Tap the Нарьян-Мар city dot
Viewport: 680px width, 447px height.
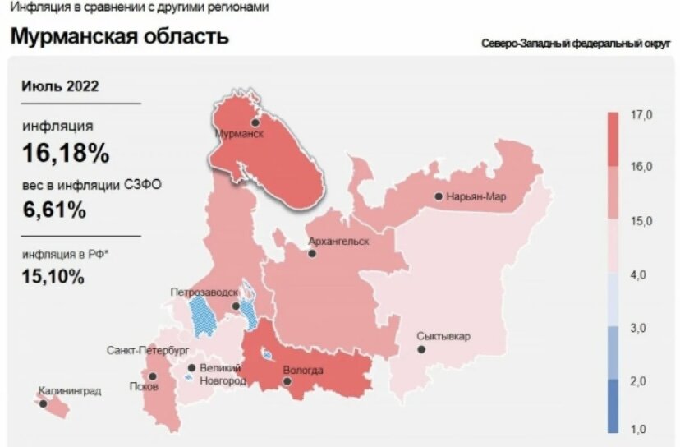pyautogui.click(x=439, y=196)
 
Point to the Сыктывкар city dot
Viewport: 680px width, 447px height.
pyautogui.click(x=421, y=349)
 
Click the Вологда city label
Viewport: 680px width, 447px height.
pyautogui.click(x=302, y=371)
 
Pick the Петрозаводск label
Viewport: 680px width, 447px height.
pyautogui.click(x=204, y=293)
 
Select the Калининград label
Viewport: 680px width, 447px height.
pyautogui.click(x=70, y=391)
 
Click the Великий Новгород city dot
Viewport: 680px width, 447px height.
pyautogui.click(x=191, y=369)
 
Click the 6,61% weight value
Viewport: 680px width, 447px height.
pyautogui.click(x=54, y=210)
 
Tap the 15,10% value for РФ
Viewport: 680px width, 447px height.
pyautogui.click(x=53, y=277)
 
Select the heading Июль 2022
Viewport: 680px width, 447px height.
pyautogui.click(x=61, y=86)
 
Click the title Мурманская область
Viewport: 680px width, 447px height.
pyautogui.click(x=119, y=37)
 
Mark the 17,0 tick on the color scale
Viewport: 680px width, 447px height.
pyautogui.click(x=641, y=115)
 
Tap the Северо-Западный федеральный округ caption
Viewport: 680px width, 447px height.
pyautogui.click(x=578, y=43)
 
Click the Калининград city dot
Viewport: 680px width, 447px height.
pyautogui.click(x=43, y=403)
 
